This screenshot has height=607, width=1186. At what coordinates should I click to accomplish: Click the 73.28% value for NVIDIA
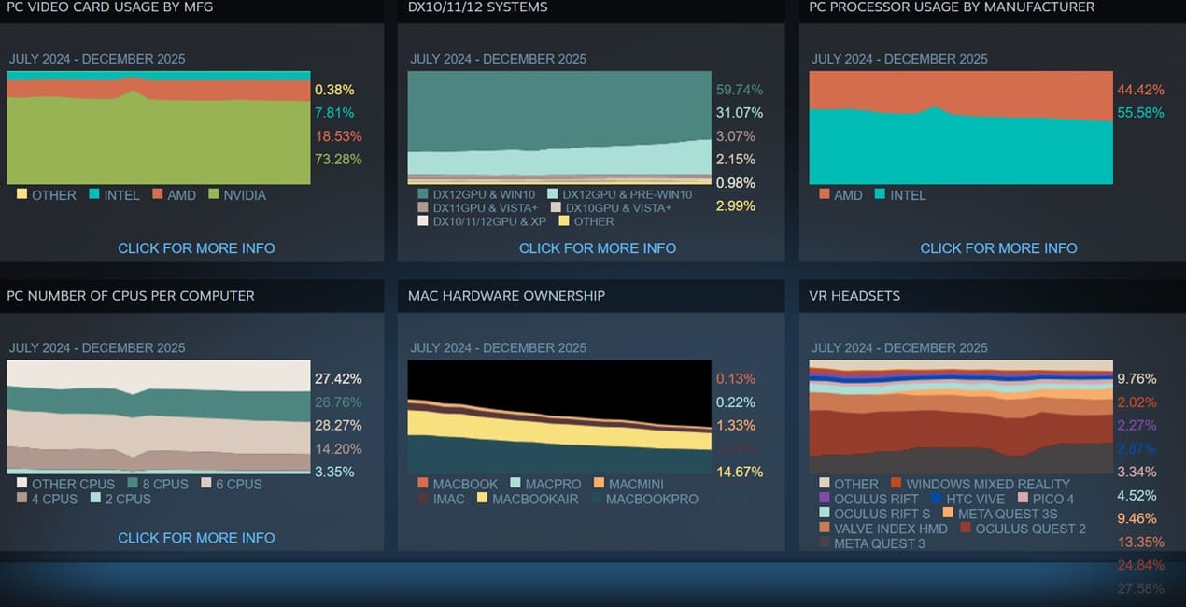pos(338,159)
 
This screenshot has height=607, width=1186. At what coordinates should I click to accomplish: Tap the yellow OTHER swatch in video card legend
pos(21,194)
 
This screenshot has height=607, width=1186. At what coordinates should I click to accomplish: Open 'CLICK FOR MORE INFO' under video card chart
pos(196,248)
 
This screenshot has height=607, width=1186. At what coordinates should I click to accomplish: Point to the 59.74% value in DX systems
pos(740,90)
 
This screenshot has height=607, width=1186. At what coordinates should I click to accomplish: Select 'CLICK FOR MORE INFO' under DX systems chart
pos(598,248)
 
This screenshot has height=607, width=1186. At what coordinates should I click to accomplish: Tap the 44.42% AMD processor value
pos(1140,90)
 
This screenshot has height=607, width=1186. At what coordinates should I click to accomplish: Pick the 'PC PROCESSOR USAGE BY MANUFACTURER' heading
pos(952,7)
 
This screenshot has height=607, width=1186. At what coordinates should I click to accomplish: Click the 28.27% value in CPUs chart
pos(338,425)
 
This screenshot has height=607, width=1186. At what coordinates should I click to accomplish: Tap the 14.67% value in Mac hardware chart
pos(740,472)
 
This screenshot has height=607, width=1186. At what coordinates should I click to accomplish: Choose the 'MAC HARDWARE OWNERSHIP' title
pos(506,296)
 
